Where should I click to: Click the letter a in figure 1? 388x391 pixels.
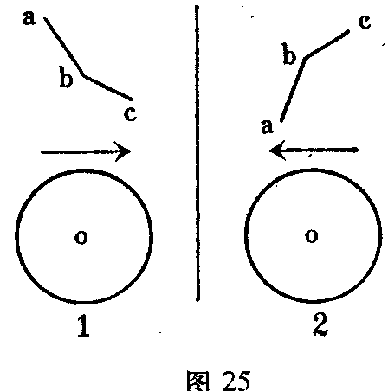29,18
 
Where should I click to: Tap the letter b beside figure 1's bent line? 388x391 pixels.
66,76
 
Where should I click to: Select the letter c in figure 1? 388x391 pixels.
130,113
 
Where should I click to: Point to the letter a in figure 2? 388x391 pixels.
267,126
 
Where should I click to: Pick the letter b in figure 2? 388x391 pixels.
289,54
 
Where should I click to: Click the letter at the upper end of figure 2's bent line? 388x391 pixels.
365,22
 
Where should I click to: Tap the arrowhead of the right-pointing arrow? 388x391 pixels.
124,151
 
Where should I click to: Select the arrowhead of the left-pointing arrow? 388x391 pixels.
276,151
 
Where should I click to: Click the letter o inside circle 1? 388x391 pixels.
81,237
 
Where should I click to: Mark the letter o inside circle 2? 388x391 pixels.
312,236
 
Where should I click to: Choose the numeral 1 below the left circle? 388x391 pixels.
83,326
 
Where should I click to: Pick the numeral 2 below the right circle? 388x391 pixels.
320,324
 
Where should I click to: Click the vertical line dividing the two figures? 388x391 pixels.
197,153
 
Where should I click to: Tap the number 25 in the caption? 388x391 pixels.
236,380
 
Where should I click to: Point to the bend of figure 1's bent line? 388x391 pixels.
84,76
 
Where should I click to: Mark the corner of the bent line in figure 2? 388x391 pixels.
305,59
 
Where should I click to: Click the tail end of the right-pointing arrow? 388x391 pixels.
42,151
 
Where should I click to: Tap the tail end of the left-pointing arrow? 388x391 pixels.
357,150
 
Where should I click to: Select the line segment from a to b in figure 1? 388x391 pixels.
64,47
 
